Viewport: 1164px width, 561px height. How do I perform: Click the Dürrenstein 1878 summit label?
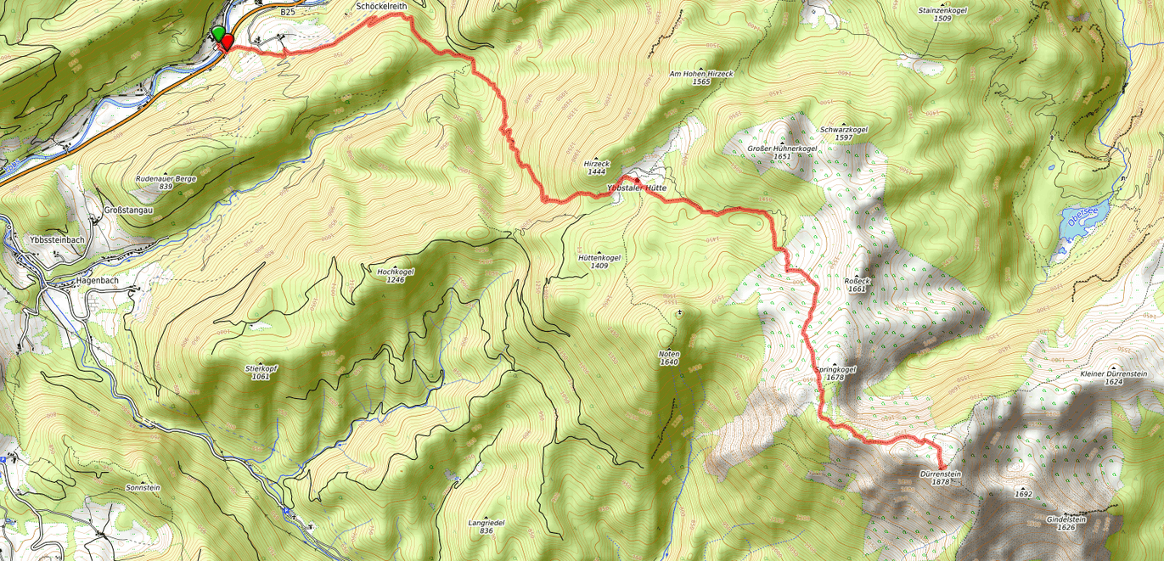pyautogui.click(x=940, y=477)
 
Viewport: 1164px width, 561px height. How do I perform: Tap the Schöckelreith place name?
pyautogui.click(x=382, y=6)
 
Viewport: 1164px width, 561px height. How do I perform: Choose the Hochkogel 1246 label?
pyautogui.click(x=395, y=275)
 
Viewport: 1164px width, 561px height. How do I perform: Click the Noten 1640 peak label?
pyautogui.click(x=669, y=357)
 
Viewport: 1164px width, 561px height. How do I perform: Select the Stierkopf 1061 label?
pyautogui.click(x=261, y=372)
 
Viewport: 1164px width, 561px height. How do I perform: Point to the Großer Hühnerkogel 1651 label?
pyautogui.click(x=782, y=152)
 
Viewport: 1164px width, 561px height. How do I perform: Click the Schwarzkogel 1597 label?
pyautogui.click(x=843, y=132)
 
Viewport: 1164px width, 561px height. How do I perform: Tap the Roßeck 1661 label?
pyautogui.click(x=857, y=284)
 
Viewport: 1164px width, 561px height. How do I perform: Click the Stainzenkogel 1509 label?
pyautogui.click(x=942, y=14)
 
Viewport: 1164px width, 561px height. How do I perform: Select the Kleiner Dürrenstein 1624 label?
pyautogui.click(x=1114, y=378)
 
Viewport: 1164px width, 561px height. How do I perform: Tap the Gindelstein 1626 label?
pyautogui.click(x=1066, y=523)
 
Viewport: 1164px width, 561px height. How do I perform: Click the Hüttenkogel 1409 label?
pyautogui.click(x=599, y=261)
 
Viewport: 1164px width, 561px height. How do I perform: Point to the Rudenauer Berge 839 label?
pyautogui.click(x=166, y=182)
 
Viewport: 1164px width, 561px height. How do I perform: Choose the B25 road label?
pyautogui.click(x=288, y=13)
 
